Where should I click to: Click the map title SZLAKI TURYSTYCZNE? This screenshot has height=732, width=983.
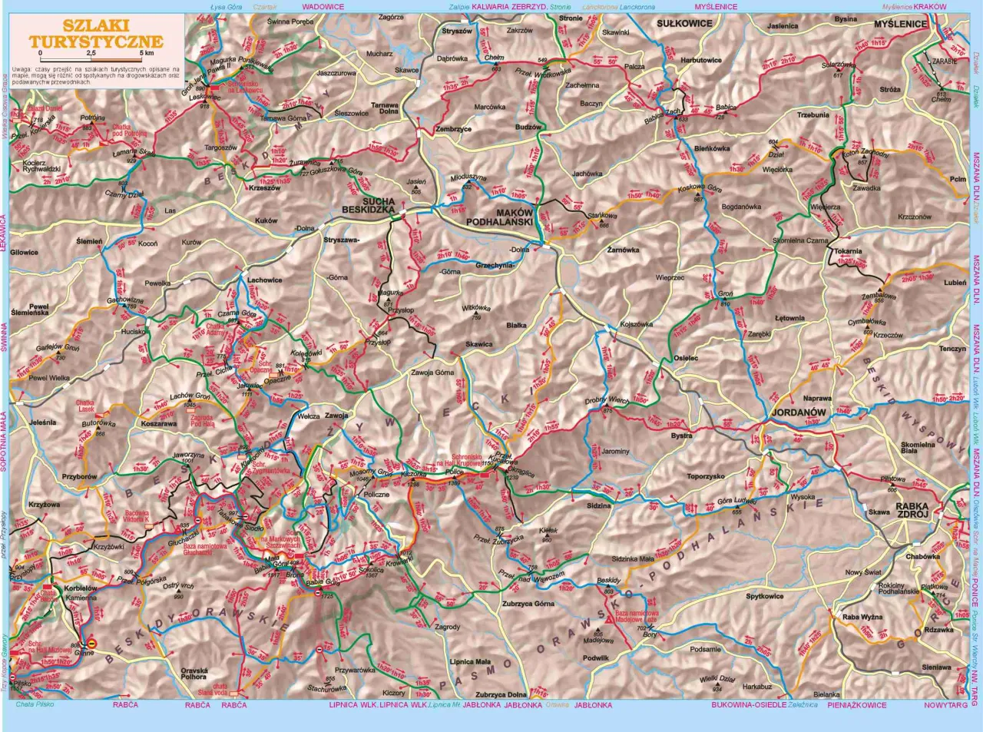pos(97,34)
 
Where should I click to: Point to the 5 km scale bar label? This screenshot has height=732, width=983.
pos(147,53)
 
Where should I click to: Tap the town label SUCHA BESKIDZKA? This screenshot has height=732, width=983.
pos(368,204)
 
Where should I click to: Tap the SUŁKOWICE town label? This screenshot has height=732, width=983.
pos(684,24)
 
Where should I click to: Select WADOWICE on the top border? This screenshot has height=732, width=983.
pos(323,6)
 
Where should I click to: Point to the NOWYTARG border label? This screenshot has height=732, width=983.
pos(946,704)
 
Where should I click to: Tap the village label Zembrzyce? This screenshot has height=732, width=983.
pos(453,129)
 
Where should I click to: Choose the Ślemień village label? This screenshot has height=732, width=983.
pos(89,241)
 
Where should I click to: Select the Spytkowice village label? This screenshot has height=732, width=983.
pos(764,596)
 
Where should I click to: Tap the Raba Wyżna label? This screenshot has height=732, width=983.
pos(862,617)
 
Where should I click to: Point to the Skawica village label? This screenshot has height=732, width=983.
pos(479,344)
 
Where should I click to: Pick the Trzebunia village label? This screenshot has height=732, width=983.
pos(813,115)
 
